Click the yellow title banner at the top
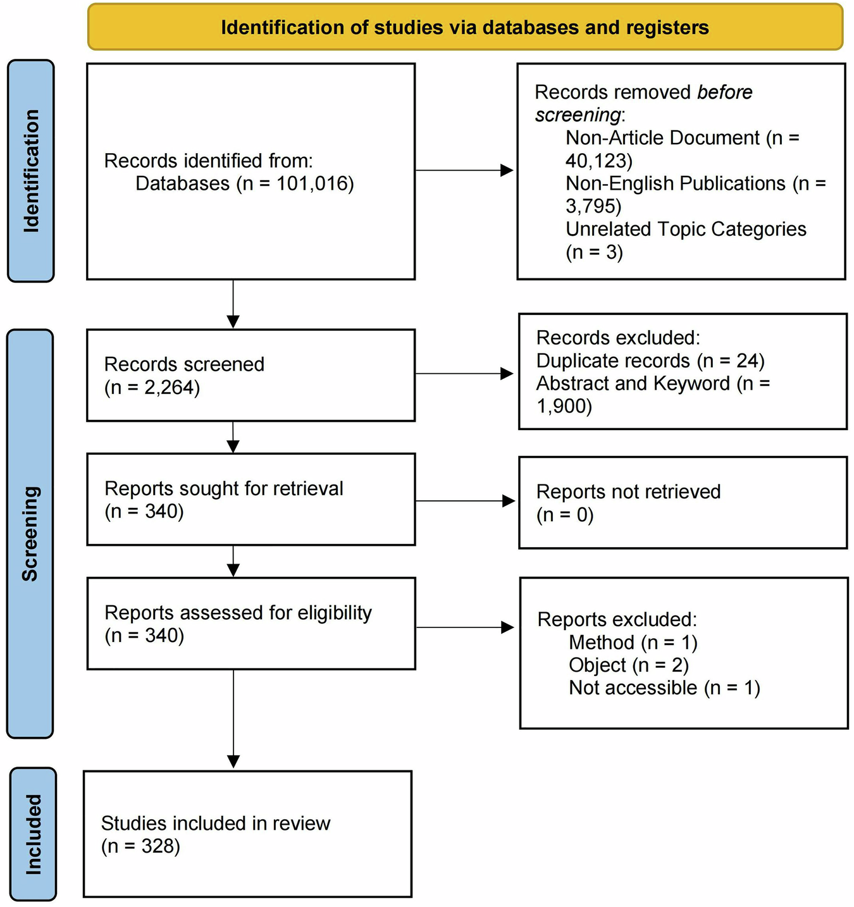(x=465, y=27)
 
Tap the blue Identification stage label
(x=30, y=171)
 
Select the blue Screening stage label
(x=30, y=533)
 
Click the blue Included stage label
(x=33, y=834)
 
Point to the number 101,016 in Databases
(x=313, y=183)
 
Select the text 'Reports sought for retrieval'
(x=223, y=488)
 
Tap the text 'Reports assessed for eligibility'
(x=238, y=612)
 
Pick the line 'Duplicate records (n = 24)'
(x=650, y=361)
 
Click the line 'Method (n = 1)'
(x=633, y=642)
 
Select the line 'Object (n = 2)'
(x=628, y=665)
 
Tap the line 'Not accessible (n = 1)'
(x=664, y=688)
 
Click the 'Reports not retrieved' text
(x=628, y=491)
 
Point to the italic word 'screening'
(x=578, y=114)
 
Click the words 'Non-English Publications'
(x=675, y=183)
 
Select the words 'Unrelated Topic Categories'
(x=686, y=228)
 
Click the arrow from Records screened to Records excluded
(x=465, y=374)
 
